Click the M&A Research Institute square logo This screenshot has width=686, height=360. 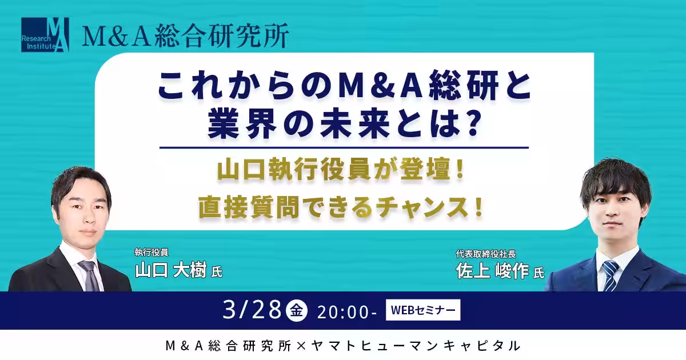point(45,35)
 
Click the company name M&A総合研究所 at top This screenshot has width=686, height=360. point(185,35)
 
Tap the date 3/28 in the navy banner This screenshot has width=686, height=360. point(252,310)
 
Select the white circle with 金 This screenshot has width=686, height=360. point(297,310)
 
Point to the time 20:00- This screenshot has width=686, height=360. point(347,312)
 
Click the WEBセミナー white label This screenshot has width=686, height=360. point(423,310)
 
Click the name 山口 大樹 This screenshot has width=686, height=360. point(171,270)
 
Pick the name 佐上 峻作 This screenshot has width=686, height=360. point(492,271)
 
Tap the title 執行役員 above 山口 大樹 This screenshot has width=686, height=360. point(151,252)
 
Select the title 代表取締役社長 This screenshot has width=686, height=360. point(486,254)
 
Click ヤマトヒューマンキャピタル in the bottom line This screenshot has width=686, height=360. point(416,346)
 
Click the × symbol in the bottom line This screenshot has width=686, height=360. point(301,346)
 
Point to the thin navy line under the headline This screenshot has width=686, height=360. point(344,147)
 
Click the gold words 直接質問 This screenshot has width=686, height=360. point(249,207)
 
